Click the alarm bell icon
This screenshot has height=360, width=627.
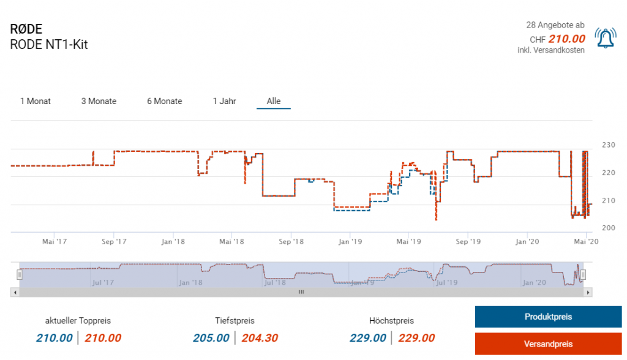606,39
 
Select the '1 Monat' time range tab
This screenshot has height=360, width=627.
36,101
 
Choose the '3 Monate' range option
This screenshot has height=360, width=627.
99,101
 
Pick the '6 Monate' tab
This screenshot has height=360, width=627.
165,101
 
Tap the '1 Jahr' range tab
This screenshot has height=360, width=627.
225,101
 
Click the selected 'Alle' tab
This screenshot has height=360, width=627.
274,101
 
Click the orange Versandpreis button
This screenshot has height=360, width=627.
548,344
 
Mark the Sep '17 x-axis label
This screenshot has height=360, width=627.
113,241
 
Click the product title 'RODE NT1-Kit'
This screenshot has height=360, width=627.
49,45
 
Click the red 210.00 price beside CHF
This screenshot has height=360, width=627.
567,39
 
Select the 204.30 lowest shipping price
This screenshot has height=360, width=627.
260,338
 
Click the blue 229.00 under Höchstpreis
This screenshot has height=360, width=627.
368,338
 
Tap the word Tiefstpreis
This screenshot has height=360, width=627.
235,320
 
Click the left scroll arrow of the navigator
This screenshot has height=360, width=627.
14,293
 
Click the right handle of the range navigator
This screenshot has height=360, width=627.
584,274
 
